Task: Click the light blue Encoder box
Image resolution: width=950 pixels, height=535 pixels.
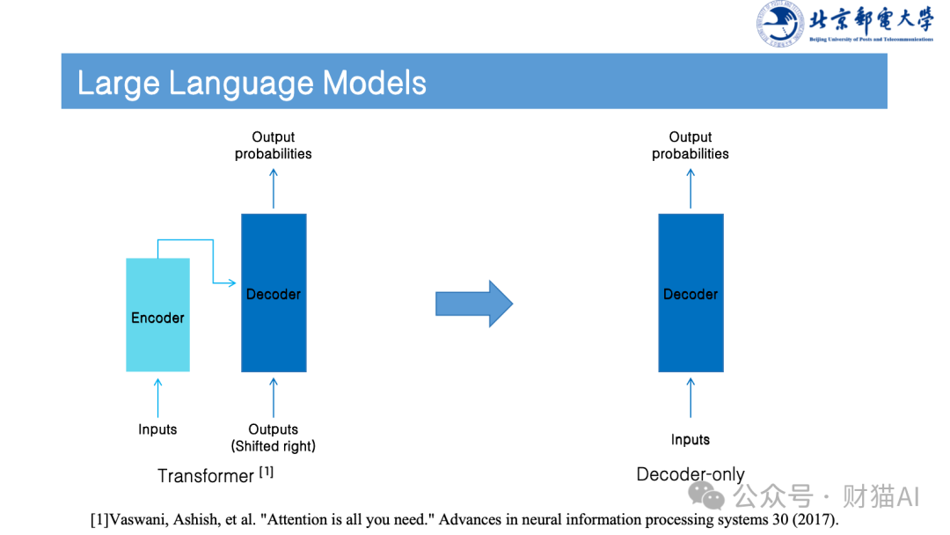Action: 158,314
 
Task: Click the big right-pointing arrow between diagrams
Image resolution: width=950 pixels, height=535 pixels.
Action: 474,304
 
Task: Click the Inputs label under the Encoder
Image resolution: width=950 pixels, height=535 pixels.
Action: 157,429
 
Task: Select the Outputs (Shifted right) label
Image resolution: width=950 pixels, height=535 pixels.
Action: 274,437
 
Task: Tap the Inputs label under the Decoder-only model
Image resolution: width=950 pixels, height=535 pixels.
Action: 691,440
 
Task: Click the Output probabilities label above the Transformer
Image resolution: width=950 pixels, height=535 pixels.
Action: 274,145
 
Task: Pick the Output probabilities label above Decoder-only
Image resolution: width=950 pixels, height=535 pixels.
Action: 691,145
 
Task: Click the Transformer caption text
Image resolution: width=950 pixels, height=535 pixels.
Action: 206,476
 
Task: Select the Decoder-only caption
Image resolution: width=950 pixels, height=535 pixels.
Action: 691,474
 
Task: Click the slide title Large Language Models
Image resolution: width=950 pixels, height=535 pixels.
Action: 252,83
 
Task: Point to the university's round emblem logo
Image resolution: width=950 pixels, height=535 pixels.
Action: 779,24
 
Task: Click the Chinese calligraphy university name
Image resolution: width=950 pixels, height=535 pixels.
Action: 871,19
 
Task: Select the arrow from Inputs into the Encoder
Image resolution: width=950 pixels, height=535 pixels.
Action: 158,397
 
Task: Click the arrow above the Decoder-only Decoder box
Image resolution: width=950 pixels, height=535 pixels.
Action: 691,187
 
